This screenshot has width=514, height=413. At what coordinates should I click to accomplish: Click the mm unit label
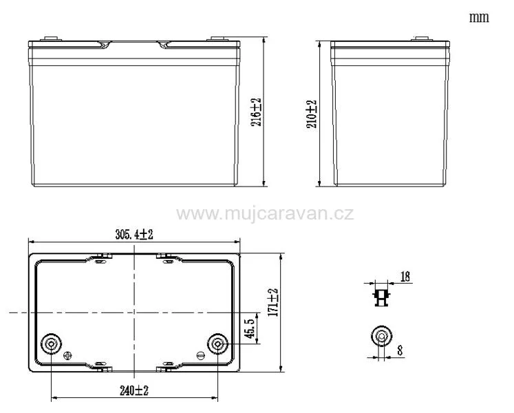479,17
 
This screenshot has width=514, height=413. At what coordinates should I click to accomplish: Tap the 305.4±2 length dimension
134,234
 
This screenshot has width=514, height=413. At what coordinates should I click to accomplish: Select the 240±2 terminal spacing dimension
134,390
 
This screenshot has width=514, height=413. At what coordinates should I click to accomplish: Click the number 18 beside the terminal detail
405,277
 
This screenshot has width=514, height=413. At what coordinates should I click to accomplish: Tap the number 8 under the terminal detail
400,350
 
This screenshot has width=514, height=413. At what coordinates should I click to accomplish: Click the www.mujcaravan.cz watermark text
265,213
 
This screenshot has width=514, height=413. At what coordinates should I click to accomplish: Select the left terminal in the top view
52,343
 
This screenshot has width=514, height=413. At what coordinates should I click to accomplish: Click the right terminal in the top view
217,343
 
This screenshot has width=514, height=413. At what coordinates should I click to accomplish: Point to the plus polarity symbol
67,356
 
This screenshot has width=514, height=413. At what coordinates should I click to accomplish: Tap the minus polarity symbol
200,356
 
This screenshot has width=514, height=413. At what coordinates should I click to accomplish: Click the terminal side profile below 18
381,297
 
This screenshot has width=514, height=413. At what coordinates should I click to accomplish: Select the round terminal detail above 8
381,336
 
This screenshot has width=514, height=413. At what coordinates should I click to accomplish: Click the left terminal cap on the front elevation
50,39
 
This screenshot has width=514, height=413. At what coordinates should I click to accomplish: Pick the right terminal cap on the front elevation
219,39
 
